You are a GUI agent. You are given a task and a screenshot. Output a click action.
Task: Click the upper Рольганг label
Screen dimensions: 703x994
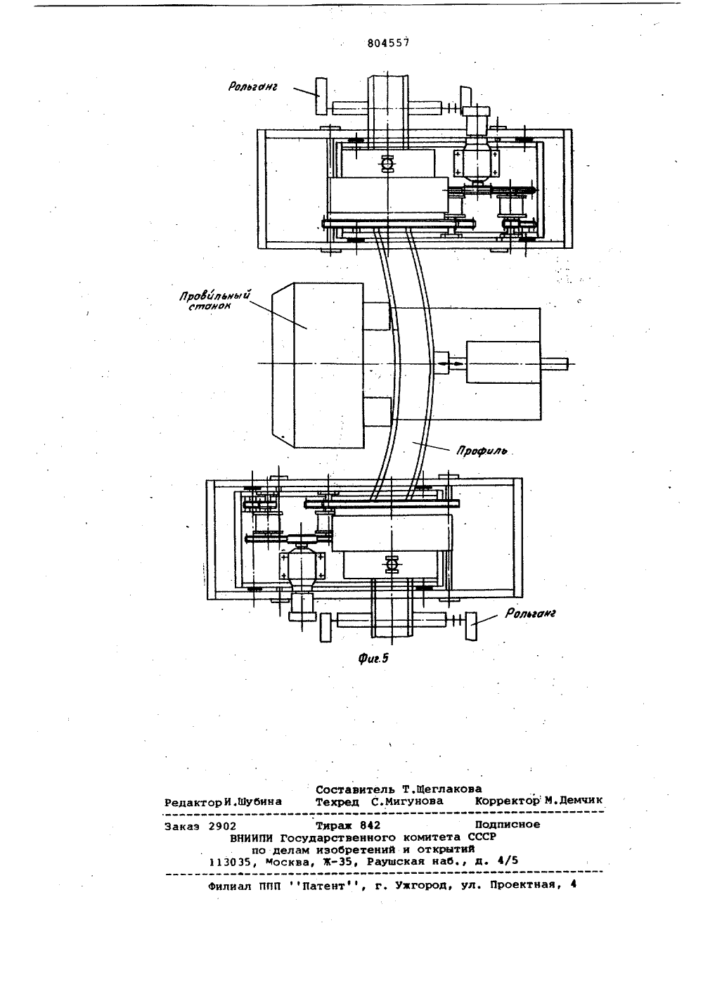pos(252,86)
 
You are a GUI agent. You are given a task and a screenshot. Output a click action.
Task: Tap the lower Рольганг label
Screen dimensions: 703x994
pos(530,613)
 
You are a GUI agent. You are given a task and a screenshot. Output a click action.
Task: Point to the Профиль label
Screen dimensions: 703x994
pos(482,452)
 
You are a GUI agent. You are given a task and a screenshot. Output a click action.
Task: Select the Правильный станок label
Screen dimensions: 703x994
pos(215,300)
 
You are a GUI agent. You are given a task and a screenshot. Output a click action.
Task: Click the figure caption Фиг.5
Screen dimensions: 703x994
pos(373,659)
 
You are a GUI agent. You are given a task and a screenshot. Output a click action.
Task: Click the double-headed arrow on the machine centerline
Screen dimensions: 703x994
pos(453,363)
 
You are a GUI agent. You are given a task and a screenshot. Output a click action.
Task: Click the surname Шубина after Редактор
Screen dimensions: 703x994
pos(259,802)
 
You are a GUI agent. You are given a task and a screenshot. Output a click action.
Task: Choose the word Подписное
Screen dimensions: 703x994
pos(508,825)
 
